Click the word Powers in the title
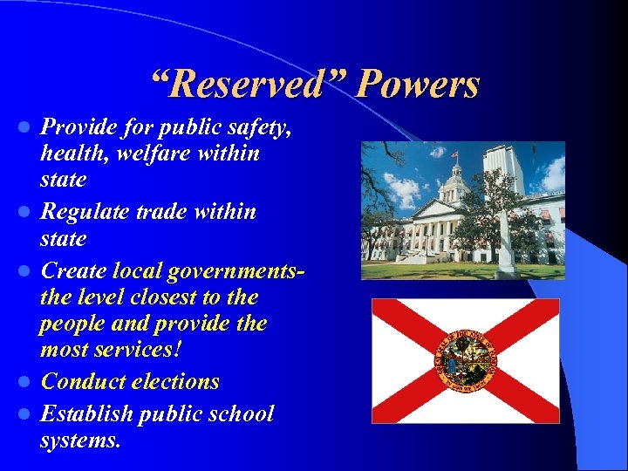tap(419, 85)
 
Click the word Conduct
tap(83, 381)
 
